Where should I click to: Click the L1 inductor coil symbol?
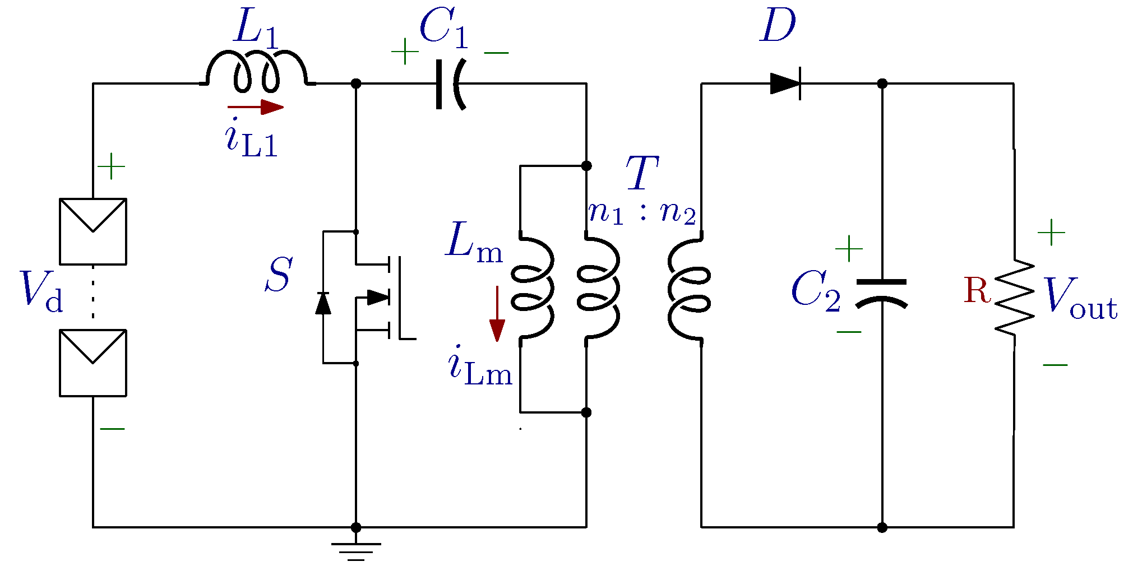click(x=257, y=72)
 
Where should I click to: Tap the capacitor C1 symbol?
click(x=450, y=84)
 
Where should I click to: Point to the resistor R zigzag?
click(x=1015, y=298)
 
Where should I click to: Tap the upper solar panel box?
click(x=93, y=231)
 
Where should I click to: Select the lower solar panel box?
click(x=93, y=363)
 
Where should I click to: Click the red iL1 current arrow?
click(x=256, y=106)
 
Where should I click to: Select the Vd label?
click(x=41, y=291)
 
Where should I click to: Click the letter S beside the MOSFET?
click(x=279, y=275)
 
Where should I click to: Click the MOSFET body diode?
click(x=323, y=303)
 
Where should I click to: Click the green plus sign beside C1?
click(x=405, y=52)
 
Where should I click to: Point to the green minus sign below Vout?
click(x=1055, y=365)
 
